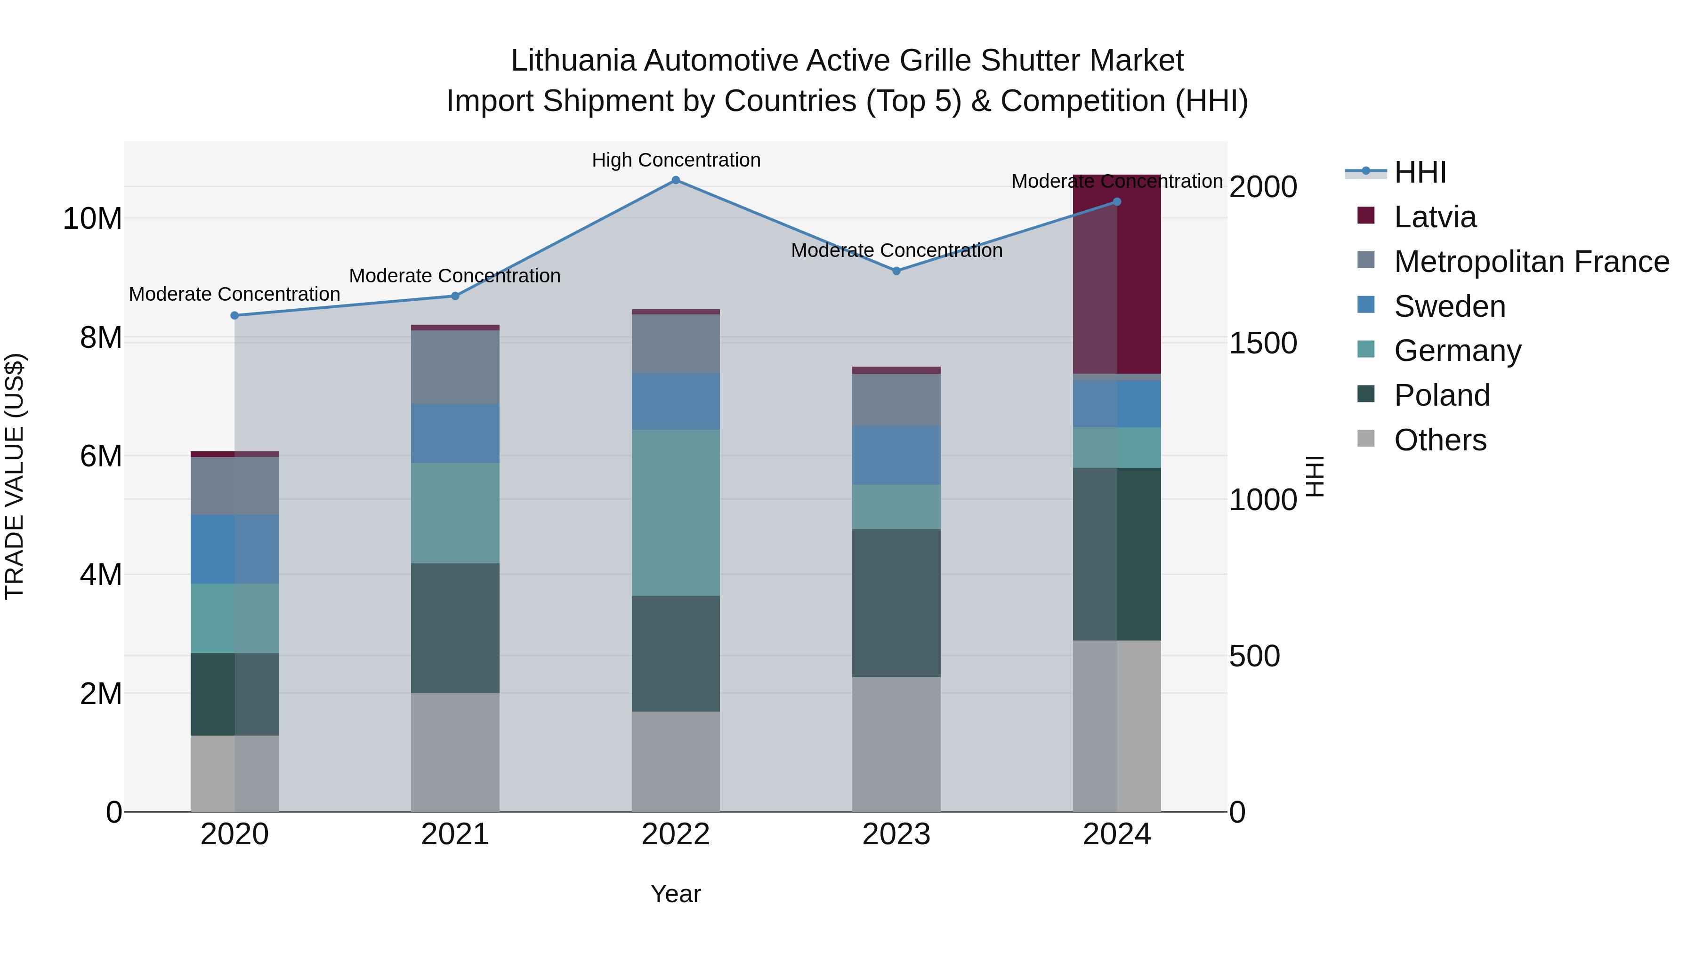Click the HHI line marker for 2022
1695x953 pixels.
pos(676,180)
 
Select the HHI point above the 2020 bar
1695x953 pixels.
pos(234,316)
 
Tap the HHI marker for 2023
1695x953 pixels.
pos(896,271)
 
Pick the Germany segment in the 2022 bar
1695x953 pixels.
pos(676,513)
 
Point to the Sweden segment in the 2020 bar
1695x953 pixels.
pos(234,549)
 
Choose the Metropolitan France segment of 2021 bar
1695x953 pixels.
pos(455,367)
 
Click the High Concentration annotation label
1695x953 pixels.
pos(676,160)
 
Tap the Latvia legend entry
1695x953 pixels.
pos(1435,217)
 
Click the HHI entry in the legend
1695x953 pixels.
pos(1420,172)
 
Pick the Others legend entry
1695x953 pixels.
pos(1440,440)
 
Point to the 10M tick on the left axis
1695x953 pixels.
pos(92,218)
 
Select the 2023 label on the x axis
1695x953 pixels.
pos(896,834)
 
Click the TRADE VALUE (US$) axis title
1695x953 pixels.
pos(15,476)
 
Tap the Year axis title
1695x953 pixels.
pos(676,894)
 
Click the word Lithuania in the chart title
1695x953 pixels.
pos(573,61)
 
